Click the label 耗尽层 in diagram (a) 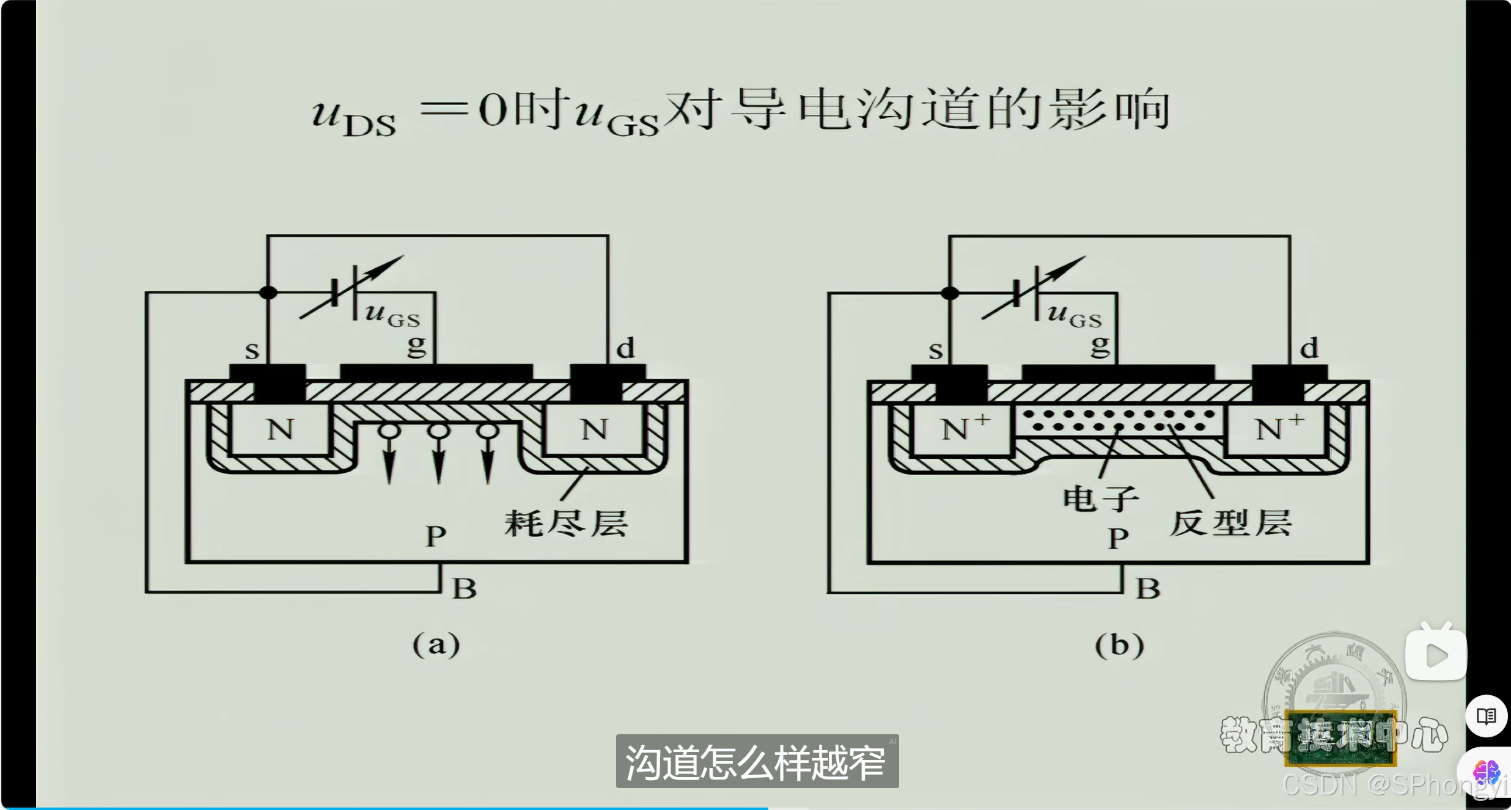coord(566,524)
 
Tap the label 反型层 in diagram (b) coord(1230,524)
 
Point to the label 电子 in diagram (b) coord(1100,498)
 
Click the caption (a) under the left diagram coord(436,644)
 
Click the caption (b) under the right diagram coord(1119,645)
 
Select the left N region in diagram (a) coord(281,429)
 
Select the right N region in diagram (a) coord(594,429)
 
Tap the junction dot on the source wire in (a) coord(268,293)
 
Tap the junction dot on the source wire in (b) coord(950,293)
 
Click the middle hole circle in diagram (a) coord(438,431)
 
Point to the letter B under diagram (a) coord(464,589)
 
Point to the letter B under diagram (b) coord(1147,589)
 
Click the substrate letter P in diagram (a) coord(435,536)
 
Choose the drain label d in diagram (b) coord(1309,349)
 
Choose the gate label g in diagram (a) coord(416,346)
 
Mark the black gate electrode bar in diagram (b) coord(1118,372)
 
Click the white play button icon coord(1436,655)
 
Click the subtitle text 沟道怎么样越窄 coord(755,762)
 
